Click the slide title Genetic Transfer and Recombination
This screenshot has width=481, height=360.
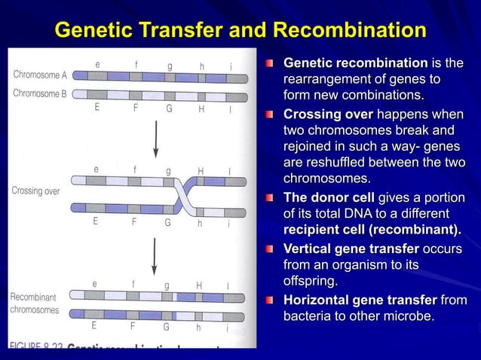[x=240, y=31]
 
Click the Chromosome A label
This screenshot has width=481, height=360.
[x=40, y=75]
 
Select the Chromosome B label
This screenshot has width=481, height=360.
[x=40, y=93]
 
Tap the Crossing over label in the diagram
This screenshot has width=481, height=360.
[x=35, y=191]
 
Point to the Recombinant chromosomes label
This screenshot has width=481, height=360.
[x=34, y=304]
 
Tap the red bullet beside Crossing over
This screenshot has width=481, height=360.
[x=272, y=114]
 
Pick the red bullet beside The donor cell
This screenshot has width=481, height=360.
[x=272, y=198]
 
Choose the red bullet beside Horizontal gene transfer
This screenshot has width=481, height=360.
[x=272, y=301]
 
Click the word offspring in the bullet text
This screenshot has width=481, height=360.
[x=310, y=282]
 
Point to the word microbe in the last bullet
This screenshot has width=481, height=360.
[x=408, y=316]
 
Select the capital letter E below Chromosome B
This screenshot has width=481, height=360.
[x=97, y=108]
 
